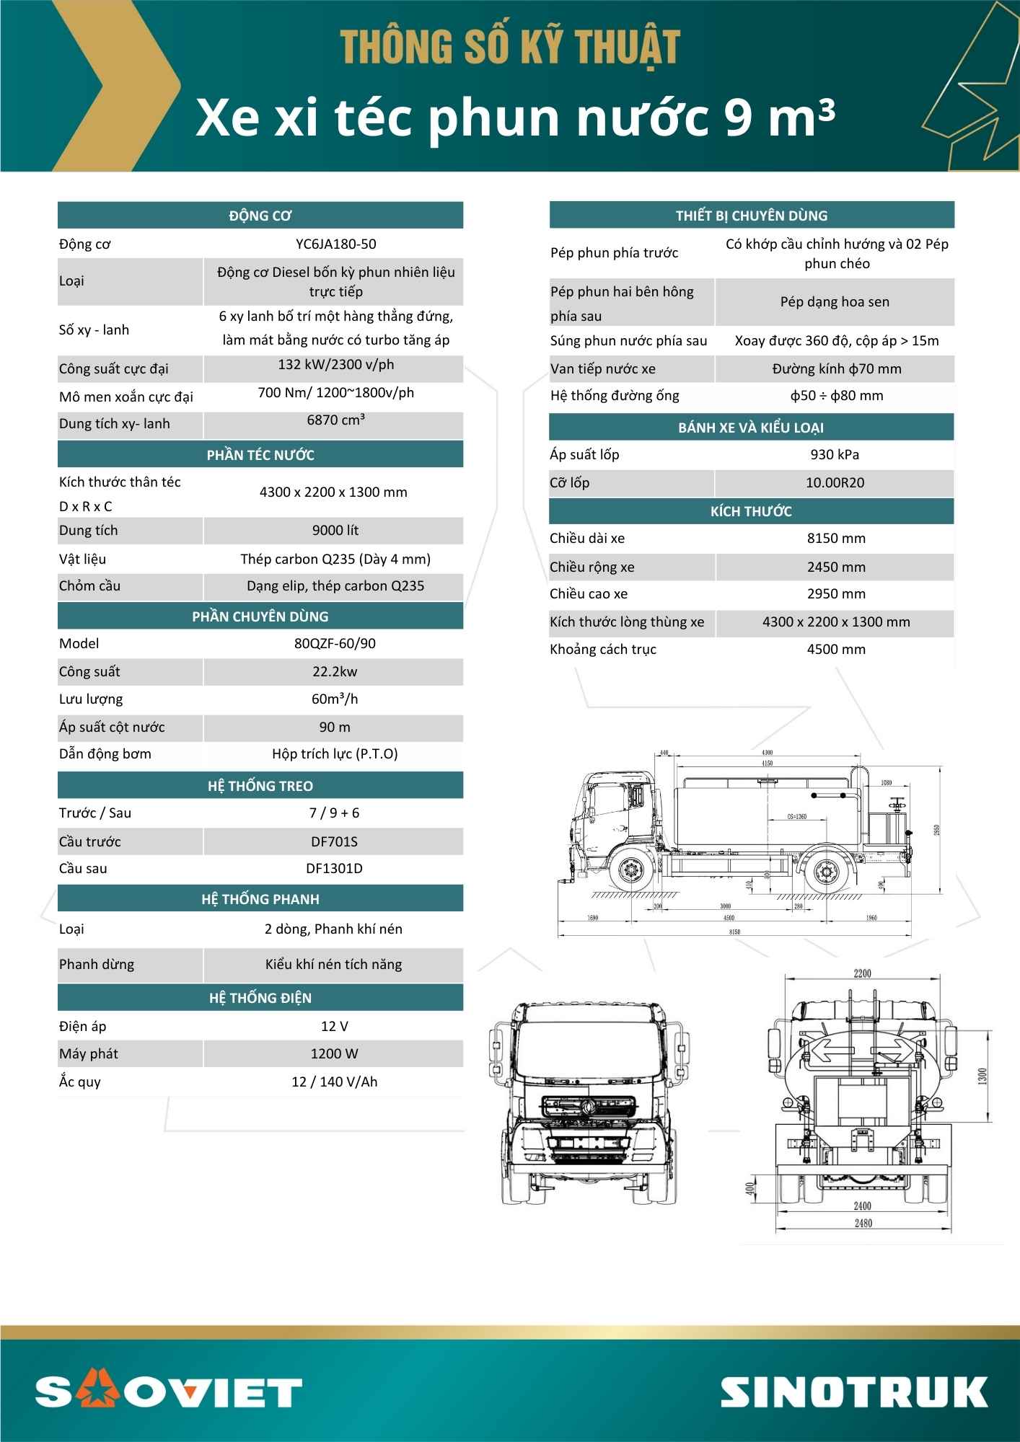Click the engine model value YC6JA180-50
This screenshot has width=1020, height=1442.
(x=335, y=244)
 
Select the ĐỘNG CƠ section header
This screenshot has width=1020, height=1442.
(x=260, y=216)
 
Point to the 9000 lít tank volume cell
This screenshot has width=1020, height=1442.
(x=335, y=531)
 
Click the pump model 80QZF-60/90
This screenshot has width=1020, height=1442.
(x=335, y=644)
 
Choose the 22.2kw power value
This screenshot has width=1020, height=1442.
(x=335, y=672)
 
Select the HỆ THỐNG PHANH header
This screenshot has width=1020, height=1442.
(x=260, y=899)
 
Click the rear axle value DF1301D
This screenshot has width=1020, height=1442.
(x=334, y=869)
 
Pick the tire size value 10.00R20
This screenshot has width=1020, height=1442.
(x=835, y=483)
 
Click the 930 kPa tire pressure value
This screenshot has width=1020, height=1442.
(x=835, y=455)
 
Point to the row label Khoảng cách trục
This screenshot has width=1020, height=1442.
(x=603, y=650)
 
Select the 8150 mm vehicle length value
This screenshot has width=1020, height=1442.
(x=836, y=539)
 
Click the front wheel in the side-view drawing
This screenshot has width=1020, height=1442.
(x=632, y=870)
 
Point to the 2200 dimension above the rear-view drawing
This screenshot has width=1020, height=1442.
(x=862, y=973)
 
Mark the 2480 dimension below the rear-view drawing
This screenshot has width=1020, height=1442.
(x=862, y=1223)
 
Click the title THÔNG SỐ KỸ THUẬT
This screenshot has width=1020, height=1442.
(x=510, y=48)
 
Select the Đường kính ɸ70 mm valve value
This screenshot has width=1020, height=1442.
(x=836, y=369)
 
